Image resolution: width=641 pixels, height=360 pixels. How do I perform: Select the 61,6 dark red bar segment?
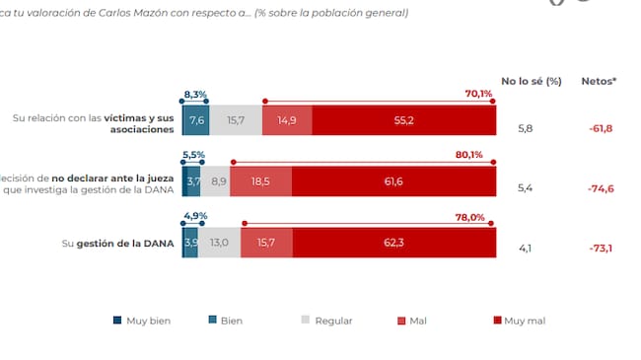(x=394, y=183)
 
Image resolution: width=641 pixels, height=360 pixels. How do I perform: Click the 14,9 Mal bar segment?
(x=287, y=120)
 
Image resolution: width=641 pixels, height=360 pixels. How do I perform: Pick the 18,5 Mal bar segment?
(x=261, y=183)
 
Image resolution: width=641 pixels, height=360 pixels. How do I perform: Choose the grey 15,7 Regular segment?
(x=236, y=120)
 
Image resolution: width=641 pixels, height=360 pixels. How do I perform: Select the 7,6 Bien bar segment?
(x=197, y=120)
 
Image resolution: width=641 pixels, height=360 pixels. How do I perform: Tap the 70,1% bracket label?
(x=478, y=94)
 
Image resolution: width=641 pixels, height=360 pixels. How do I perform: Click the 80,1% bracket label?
(x=468, y=155)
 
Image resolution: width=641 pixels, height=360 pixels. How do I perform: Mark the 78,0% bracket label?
(x=468, y=217)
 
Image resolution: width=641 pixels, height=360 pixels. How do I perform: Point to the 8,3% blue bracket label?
(x=195, y=94)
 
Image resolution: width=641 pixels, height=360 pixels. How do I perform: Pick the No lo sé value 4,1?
(x=526, y=249)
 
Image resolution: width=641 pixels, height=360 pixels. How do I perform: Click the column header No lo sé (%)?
(x=531, y=81)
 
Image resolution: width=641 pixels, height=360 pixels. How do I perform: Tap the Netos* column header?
(x=599, y=81)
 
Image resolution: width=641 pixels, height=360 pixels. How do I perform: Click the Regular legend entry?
(x=325, y=321)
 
